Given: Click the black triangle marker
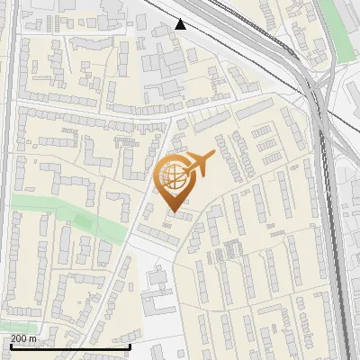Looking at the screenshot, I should point(181,24).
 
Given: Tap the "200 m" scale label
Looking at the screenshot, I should point(24,338).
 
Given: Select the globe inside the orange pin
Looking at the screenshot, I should point(171,175).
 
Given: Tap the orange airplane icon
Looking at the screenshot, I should point(198,163).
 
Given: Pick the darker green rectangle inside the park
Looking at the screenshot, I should point(84,221).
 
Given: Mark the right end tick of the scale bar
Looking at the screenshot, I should point(130,345).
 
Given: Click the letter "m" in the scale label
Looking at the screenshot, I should point(33,338).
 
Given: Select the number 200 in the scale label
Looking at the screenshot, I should point(20,338).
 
